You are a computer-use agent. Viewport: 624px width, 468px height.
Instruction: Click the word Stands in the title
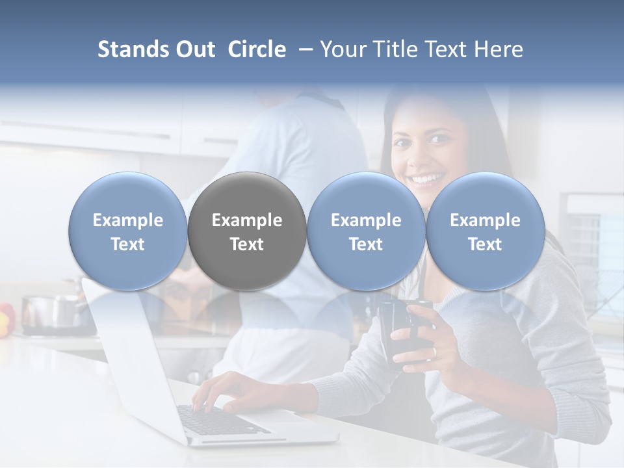pos(134,49)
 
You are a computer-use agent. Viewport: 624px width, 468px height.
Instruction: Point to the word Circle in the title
pos(257,49)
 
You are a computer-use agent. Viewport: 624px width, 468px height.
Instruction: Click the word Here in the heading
pos(499,49)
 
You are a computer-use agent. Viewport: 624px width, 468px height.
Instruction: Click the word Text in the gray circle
pos(247,244)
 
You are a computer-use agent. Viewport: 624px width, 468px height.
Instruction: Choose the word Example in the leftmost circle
pos(127,220)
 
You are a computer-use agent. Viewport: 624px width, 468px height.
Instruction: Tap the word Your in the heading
pos(341,49)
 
